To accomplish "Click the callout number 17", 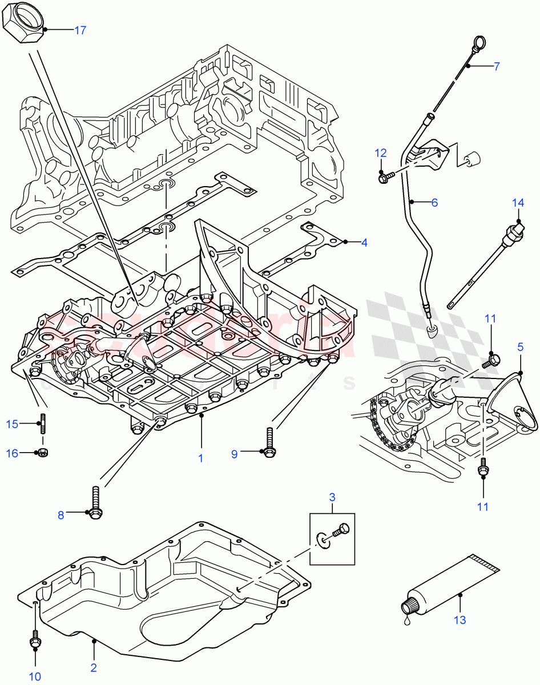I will tap(80, 30).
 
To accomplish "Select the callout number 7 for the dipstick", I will tap(497, 66).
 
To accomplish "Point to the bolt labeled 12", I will tap(383, 178).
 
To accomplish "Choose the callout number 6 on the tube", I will tap(434, 202).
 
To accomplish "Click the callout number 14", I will tap(517, 203).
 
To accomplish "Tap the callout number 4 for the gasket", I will tap(364, 242).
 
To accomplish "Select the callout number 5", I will tap(520, 346).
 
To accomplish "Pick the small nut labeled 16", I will tap(43, 453).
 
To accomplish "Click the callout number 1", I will tap(201, 458).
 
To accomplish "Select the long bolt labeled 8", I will tap(95, 502).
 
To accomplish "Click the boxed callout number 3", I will tap(332, 498).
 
